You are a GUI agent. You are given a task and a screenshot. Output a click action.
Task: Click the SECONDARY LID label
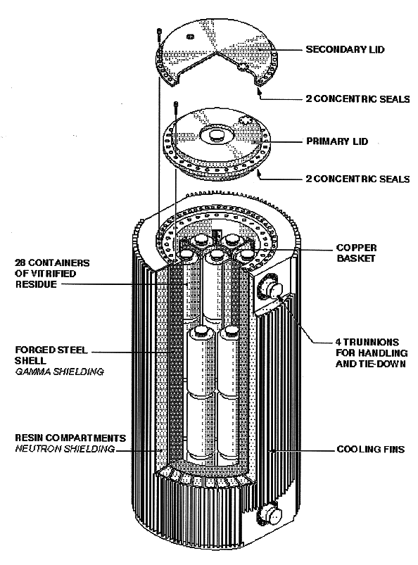point(345,49)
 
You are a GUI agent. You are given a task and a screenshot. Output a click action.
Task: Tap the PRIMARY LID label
point(337,141)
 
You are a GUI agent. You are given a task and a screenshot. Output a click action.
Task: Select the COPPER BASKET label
point(356,253)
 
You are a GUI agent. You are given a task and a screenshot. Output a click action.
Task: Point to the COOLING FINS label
point(370,450)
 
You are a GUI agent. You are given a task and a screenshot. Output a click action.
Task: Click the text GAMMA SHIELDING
point(59,372)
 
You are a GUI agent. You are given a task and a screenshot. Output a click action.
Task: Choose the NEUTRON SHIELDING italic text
point(65,449)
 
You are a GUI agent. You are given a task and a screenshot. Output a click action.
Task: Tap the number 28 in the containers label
point(20,262)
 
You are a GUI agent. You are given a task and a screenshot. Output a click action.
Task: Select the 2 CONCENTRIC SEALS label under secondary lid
point(357,99)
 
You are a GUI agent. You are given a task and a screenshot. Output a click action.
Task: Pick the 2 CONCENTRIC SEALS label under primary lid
point(357,179)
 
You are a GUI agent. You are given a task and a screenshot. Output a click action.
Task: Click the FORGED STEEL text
point(51,350)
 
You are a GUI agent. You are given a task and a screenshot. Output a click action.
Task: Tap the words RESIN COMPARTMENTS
point(70,438)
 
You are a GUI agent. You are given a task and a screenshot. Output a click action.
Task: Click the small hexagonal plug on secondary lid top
point(190,37)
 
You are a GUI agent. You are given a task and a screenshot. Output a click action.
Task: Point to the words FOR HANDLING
point(372,353)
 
